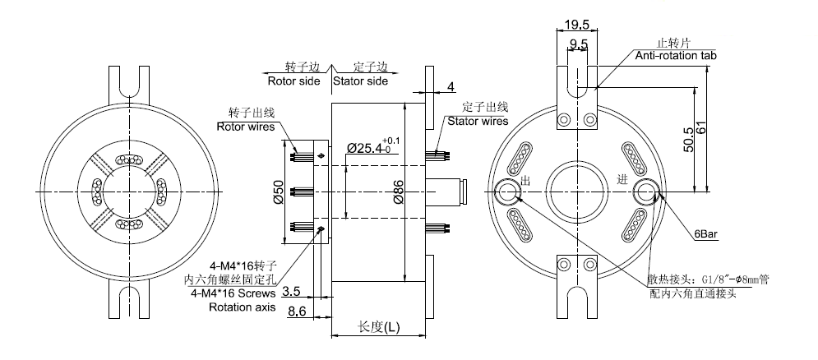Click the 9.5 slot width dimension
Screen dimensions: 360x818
[580, 44]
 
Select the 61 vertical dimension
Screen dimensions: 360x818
[702, 132]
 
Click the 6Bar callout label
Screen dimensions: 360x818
[706, 234]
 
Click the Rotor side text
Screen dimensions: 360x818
[293, 81]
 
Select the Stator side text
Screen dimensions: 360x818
[360, 81]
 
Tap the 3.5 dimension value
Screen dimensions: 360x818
[291, 291]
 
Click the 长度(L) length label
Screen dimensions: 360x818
[379, 327]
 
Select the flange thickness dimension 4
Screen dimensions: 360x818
[451, 86]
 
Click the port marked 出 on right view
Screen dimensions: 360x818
[509, 192]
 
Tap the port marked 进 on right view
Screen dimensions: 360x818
[646, 192]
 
